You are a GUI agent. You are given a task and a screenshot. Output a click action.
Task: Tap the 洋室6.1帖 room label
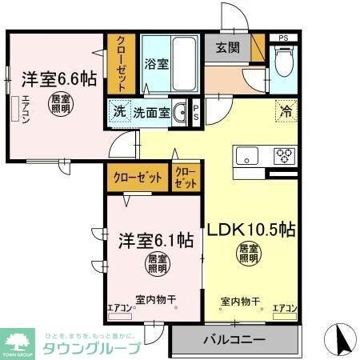pos(156,239)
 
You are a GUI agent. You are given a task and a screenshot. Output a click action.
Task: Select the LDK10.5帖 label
pos(253,230)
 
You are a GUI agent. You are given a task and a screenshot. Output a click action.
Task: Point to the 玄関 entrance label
pos(227,46)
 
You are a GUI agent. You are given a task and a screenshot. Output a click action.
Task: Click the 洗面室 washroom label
pos(151,113)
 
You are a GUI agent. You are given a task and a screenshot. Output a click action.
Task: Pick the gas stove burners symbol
pos(283,156)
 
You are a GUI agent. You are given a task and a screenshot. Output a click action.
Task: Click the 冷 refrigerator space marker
pos(285,111)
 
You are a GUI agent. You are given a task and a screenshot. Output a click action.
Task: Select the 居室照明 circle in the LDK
pos(247,255)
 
